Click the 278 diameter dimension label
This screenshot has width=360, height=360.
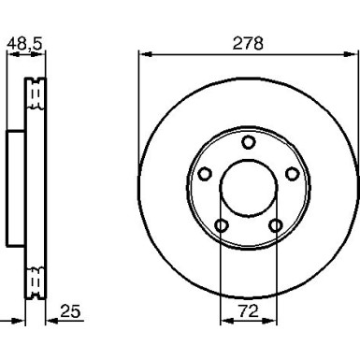coord(248,43)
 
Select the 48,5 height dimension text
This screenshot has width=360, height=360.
coord(25,43)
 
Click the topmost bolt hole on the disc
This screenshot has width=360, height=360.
coord(248,142)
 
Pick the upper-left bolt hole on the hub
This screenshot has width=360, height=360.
coord(205,174)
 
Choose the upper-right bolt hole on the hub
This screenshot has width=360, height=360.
coord(292,174)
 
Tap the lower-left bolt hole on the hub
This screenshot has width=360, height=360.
coord(222,225)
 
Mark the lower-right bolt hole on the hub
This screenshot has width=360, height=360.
coord(275,225)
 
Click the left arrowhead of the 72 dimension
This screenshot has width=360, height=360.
coord(224,321)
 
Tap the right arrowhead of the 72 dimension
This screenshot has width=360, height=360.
coord(273,321)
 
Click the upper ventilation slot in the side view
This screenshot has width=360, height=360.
coord(38,94)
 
